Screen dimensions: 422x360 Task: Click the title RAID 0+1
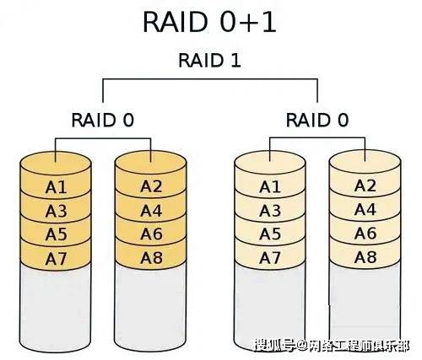point(209,22)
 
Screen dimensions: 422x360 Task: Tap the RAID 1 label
point(209,60)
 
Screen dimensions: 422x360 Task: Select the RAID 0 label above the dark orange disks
point(103,120)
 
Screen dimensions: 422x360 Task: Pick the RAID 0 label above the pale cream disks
point(317,120)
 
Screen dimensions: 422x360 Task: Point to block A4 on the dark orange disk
point(151,211)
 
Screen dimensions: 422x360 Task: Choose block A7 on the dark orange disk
point(56,259)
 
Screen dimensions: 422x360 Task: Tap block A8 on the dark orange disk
point(151,257)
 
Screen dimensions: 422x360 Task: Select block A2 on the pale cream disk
point(365,185)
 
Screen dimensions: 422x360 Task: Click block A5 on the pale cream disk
point(270,234)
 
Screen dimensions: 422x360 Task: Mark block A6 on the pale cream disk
point(365,234)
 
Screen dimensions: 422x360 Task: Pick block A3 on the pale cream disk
point(270,211)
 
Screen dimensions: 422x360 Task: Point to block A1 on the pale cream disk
point(270,187)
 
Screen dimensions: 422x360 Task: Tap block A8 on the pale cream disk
point(365,257)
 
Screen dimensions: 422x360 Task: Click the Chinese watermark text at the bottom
point(332,346)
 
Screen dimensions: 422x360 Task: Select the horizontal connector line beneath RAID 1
point(210,79)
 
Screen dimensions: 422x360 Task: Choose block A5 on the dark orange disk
point(56,234)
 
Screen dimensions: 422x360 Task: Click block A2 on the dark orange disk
point(151,186)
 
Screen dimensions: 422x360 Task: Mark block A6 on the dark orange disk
point(151,234)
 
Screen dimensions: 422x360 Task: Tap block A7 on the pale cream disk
point(270,258)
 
